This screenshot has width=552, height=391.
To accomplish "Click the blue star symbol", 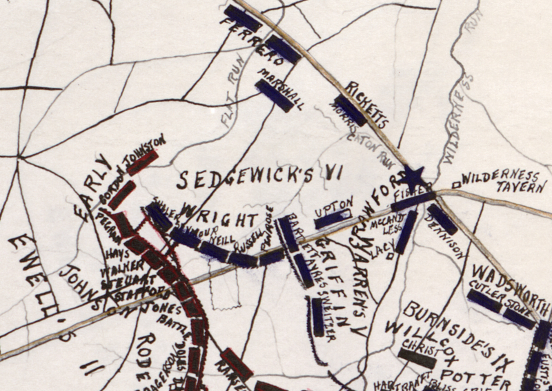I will coord(413,178).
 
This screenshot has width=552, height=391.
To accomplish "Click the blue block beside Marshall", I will coord(273,96).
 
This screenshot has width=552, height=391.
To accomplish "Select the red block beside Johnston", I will coord(142,163).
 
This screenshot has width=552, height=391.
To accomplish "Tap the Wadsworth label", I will coord(512,274).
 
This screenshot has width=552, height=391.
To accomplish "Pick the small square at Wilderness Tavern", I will coord(455,184).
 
